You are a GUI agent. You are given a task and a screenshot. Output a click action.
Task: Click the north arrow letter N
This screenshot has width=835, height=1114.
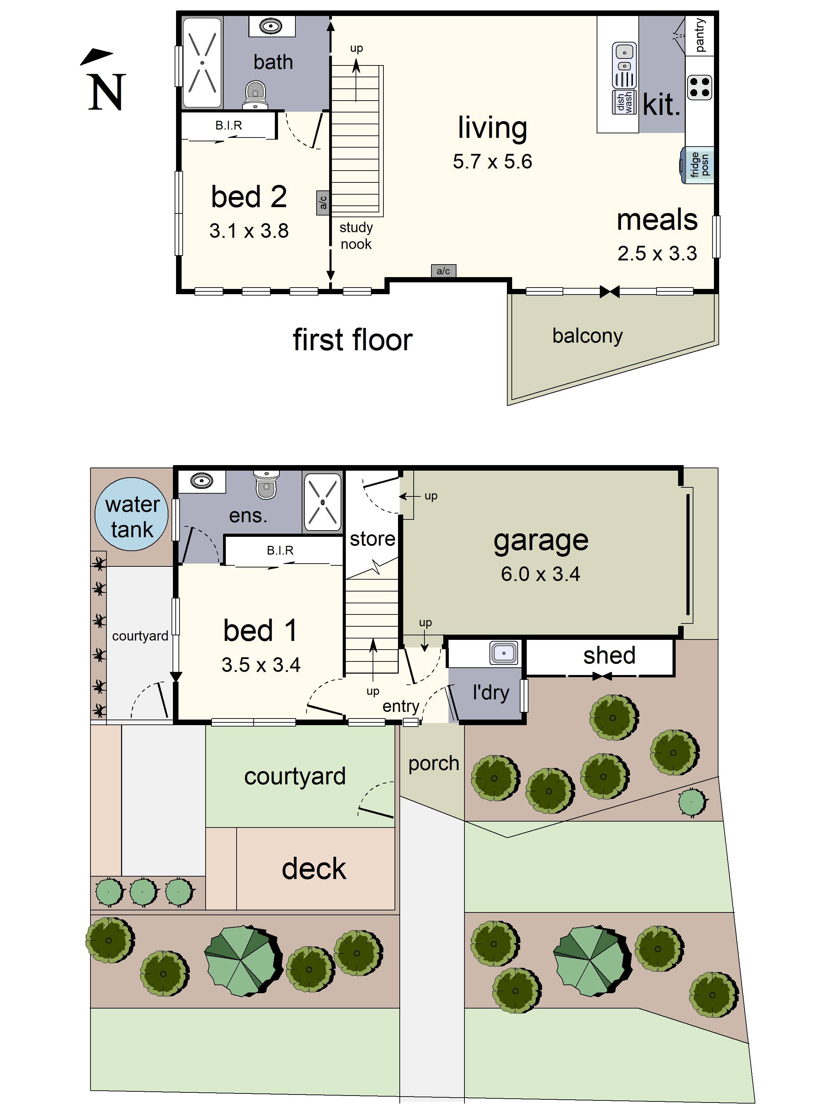click(106, 92)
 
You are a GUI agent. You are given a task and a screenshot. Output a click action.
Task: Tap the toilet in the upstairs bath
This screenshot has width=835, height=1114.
click(255, 94)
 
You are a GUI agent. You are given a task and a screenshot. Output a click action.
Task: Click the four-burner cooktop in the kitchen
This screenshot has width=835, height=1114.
click(699, 87)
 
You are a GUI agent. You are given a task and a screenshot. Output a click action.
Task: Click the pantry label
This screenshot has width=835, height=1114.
click(700, 35)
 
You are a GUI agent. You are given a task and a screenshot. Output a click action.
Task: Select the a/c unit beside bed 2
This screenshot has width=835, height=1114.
click(323, 203)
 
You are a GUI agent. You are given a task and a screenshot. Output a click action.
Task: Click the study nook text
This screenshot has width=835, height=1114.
click(356, 235)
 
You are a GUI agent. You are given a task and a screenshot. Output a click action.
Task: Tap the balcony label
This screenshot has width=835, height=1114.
click(587, 335)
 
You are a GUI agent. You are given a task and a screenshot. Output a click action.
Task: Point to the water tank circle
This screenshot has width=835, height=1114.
click(132, 514)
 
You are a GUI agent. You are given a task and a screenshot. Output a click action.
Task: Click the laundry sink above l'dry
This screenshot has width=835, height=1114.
click(503, 653)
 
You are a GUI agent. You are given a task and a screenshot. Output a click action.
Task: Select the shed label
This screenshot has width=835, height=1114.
click(609, 655)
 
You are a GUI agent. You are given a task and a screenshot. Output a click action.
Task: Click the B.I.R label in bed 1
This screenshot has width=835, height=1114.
click(280, 550)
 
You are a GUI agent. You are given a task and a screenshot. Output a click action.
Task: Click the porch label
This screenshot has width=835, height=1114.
click(434, 763)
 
